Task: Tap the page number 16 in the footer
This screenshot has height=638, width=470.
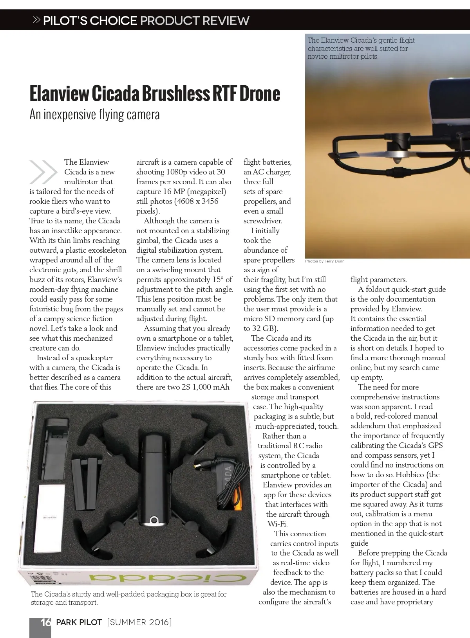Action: tap(46, 622)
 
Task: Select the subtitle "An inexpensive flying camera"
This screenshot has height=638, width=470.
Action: tap(94, 115)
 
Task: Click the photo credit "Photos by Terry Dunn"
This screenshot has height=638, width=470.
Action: tap(325, 261)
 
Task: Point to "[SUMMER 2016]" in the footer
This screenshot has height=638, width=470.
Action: tap(139, 622)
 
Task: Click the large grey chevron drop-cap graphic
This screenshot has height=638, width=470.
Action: tap(43, 172)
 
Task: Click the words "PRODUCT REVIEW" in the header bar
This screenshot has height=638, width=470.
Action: tap(195, 20)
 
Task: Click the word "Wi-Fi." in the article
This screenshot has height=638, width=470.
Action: tap(277, 524)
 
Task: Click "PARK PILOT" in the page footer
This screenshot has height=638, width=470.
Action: tap(79, 622)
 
